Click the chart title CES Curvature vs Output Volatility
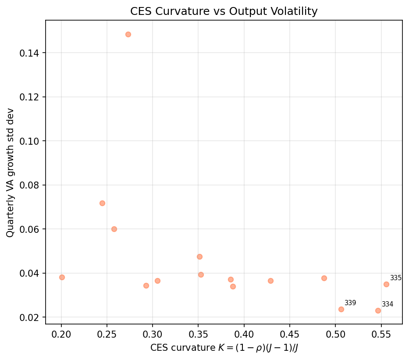point(224,12)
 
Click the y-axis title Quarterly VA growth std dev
point(10,173)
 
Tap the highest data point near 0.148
point(128,34)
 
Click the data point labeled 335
point(386,284)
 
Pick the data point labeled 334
point(378,310)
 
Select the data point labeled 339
point(341,309)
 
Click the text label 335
point(396,278)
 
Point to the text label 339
point(350,303)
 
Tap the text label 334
point(388,304)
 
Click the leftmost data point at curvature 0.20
point(62,277)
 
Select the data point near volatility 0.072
point(102,203)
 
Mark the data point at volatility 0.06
point(114,229)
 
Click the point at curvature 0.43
point(270,281)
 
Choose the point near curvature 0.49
point(324,278)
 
